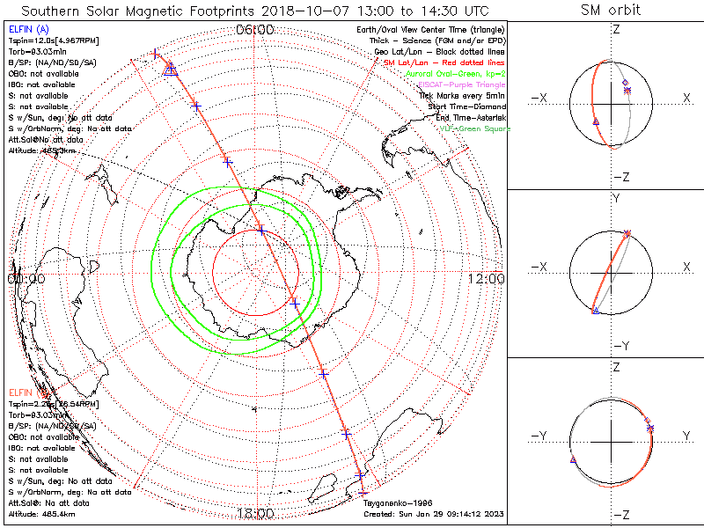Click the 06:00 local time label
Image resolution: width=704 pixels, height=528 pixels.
click(x=255, y=30)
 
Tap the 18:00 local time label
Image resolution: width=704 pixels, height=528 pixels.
click(x=255, y=513)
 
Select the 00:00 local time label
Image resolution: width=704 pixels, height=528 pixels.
click(x=26, y=278)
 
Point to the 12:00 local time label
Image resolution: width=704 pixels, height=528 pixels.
click(x=486, y=278)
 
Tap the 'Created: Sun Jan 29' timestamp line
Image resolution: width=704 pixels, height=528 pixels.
click(x=432, y=513)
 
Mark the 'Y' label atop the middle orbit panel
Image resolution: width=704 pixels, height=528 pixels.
click(x=615, y=199)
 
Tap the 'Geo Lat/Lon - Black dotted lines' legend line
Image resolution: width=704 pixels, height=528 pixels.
click(x=440, y=52)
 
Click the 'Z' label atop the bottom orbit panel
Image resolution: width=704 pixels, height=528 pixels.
click(x=615, y=366)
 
